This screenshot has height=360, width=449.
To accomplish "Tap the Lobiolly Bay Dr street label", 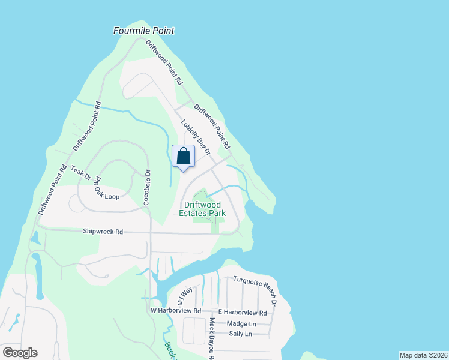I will tap(196, 137).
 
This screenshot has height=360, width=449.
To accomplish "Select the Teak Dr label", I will tap(80, 173).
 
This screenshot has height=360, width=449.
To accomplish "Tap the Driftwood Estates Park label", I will tap(202, 209).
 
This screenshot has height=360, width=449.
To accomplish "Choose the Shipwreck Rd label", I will tap(103, 231).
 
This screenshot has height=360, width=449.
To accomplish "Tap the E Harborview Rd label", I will tap(242, 313).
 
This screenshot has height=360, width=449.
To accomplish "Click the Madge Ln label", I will tap(241, 323).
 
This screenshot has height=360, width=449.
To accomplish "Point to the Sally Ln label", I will tap(240, 334).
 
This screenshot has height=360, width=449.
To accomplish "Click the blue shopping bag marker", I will tap(184, 157).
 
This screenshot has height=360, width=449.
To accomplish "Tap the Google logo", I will tap(20, 353).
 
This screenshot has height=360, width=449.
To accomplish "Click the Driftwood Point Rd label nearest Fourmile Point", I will tap(164, 61).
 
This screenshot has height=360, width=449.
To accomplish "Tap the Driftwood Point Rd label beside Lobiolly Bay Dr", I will tap(211, 127).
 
